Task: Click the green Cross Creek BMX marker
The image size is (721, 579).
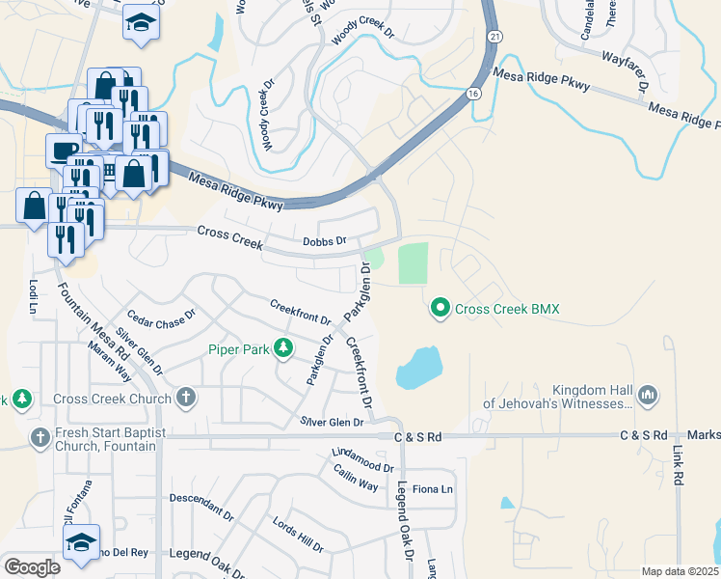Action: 441,309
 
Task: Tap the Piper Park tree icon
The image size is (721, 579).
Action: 283,347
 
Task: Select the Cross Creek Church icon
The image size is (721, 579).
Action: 185,398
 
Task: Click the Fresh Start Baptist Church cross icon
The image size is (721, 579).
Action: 40,436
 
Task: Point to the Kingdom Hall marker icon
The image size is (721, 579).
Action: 647,395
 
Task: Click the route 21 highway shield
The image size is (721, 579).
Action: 494,35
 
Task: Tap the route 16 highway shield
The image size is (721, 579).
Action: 471,93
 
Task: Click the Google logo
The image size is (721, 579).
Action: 32,566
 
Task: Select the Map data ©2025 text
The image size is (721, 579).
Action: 679,571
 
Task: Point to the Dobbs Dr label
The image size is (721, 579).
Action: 324,243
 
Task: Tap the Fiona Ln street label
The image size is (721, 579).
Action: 433,489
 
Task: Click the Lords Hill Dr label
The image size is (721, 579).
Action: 298,534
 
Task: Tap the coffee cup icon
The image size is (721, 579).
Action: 64,150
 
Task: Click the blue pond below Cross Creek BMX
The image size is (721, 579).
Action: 418,366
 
